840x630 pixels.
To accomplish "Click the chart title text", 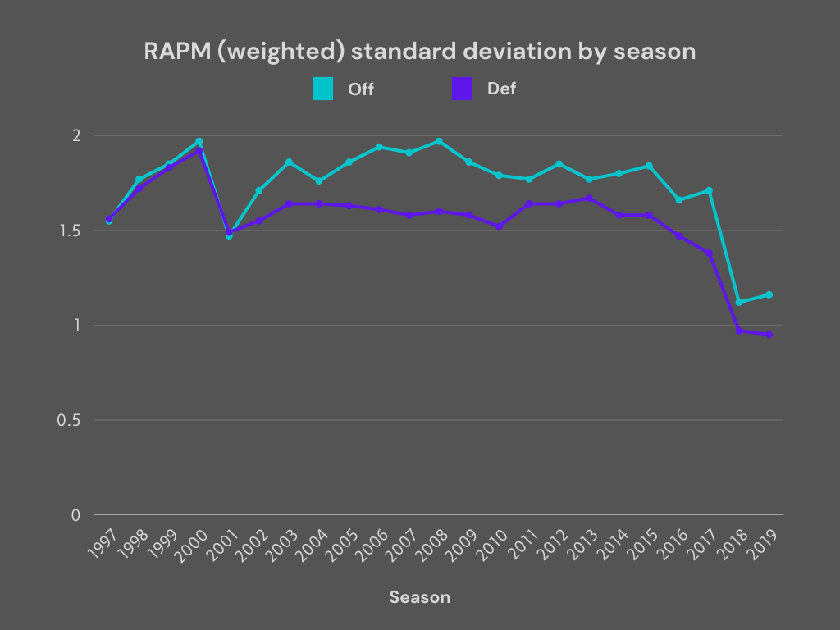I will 420,51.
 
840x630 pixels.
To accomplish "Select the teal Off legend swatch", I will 322,89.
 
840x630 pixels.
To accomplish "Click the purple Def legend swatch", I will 463,89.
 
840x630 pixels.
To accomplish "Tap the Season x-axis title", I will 420,597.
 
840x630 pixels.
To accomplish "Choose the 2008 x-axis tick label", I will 429,542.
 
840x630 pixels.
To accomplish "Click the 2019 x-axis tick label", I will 759,542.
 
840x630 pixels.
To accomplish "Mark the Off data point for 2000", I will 199,141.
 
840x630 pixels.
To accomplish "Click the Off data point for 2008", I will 439,141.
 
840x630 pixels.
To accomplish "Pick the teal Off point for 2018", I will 739,303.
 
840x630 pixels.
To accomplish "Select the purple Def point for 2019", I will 769,335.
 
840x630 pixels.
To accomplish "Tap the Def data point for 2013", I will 589,198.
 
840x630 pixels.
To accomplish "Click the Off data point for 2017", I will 709,190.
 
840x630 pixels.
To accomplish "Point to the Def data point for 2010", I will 499,226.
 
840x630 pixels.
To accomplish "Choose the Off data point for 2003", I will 289,162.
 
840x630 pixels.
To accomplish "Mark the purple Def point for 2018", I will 739,331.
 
